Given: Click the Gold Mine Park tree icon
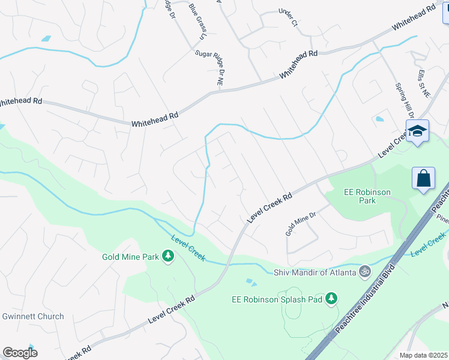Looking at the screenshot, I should [x=169, y=257].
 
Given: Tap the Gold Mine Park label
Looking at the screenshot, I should [x=130, y=257].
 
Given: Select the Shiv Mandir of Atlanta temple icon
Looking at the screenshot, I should [x=364, y=272].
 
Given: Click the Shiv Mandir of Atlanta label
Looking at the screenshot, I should [x=315, y=272].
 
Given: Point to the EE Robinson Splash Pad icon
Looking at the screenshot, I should [x=332, y=299].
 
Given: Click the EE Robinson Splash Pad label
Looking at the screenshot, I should [x=277, y=299].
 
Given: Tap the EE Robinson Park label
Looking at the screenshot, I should [x=367, y=196].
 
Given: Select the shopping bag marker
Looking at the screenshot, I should [x=423, y=178].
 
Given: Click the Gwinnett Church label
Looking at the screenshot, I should [x=33, y=316].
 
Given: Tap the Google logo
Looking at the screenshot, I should [x=20, y=353].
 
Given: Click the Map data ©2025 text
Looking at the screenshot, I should [x=423, y=355].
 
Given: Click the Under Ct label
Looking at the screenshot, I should [x=288, y=18].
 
